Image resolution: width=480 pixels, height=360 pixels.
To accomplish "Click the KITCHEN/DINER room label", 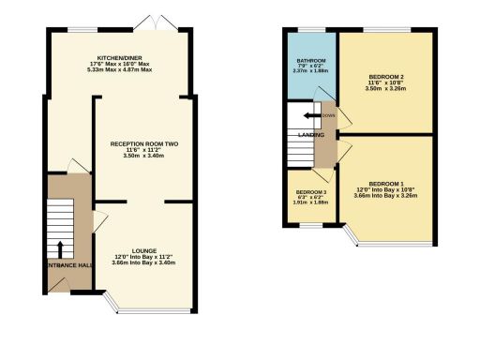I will [117, 58].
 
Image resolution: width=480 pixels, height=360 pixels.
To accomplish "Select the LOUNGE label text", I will [143, 249].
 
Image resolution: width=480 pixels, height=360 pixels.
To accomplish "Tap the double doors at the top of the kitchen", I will [147, 22].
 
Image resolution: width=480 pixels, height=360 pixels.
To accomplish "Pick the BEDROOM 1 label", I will [387, 183].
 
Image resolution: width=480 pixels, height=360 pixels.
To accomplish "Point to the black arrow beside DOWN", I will [310, 115].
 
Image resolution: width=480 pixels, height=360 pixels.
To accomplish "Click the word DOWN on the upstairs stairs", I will [328, 116].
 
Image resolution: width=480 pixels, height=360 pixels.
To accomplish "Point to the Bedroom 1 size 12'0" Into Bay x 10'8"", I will [387, 189].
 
